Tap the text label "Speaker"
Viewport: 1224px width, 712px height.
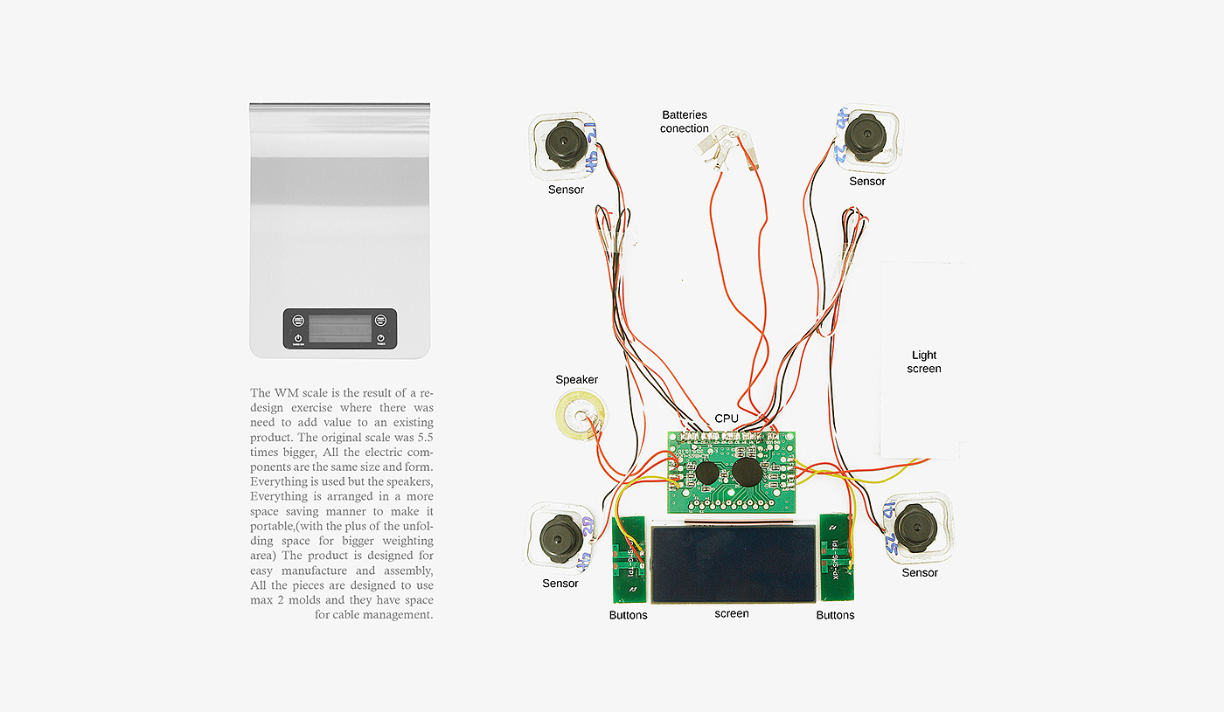[x=577, y=379]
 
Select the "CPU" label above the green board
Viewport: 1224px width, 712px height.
[x=727, y=418]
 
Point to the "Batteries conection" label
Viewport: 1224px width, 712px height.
[x=685, y=121]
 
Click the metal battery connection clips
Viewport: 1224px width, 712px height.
[x=726, y=144]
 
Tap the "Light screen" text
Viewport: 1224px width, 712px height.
[x=924, y=362]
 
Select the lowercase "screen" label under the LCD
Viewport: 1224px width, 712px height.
[x=732, y=613]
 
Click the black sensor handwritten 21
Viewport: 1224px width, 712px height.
[x=560, y=144]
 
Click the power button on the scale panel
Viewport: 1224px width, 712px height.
[x=298, y=338]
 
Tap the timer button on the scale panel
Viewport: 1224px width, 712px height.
[x=381, y=338]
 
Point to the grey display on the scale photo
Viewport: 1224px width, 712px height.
[x=340, y=328]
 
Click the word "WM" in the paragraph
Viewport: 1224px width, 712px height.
[x=285, y=392]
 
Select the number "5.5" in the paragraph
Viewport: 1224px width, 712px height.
[x=422, y=437]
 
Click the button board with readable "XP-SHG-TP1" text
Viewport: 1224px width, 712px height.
[x=836, y=557]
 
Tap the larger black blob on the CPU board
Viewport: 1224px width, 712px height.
[x=747, y=473]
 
